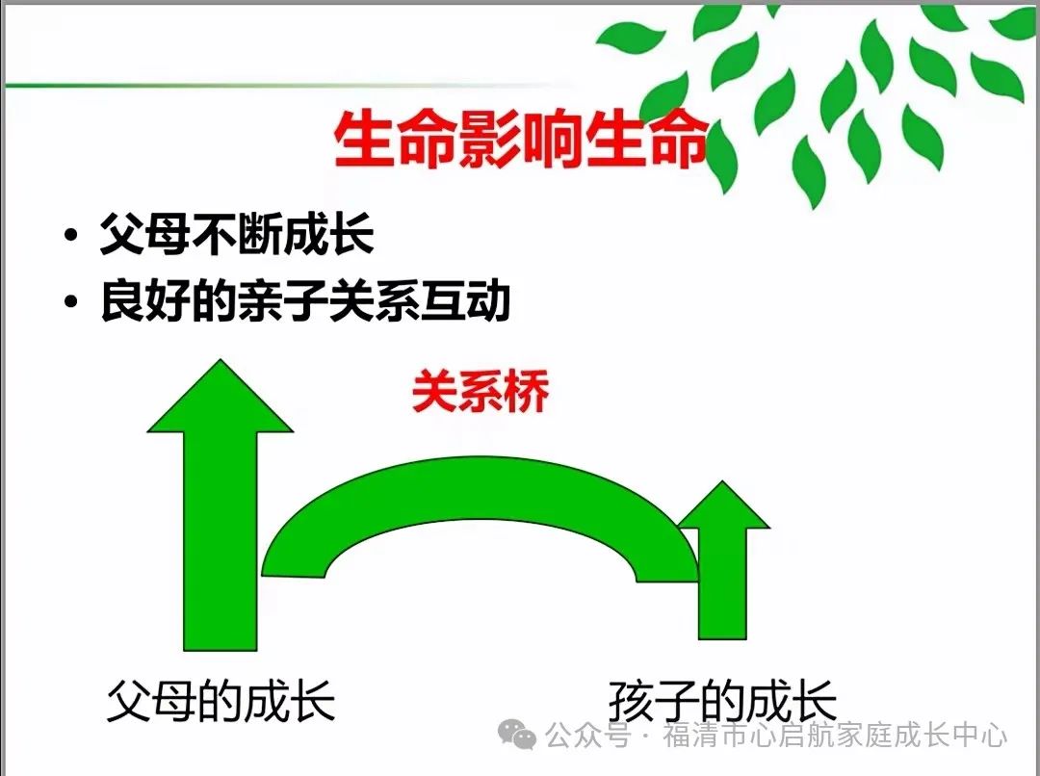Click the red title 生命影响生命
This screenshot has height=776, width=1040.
coord(519,140)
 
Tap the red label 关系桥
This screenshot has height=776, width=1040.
coord(481,391)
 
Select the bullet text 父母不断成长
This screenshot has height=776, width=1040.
coord(237,233)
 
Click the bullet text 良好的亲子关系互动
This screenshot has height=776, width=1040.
coord(305,300)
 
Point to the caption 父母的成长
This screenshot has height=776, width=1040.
coord(221,700)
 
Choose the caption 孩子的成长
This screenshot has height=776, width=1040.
coord(722,700)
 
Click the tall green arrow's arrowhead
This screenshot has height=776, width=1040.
coord(221,396)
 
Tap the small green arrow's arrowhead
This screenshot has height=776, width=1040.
coord(723,504)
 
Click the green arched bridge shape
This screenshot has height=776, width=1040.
coord(479,487)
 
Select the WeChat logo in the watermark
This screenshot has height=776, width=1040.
coord(517,735)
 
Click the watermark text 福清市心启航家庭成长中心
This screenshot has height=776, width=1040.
coord(835,735)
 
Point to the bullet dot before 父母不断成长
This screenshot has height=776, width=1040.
coord(71,235)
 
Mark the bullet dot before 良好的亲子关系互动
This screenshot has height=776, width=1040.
coord(71,301)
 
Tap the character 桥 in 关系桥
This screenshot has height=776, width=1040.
coord(528,391)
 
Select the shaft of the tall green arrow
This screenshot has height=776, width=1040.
coord(221,541)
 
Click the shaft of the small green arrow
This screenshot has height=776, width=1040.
coord(723,583)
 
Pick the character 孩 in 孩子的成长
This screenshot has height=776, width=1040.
coord(631,700)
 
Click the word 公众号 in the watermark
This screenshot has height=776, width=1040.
coord(587,735)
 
